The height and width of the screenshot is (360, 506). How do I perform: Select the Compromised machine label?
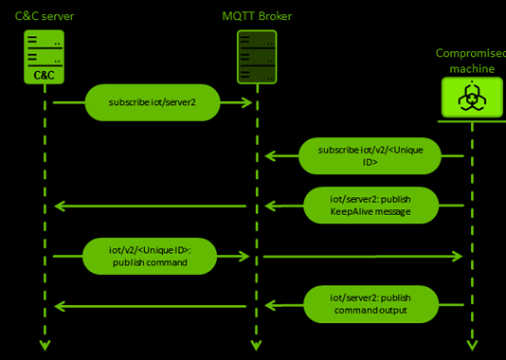(471, 62)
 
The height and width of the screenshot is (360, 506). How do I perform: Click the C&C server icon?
(44, 56)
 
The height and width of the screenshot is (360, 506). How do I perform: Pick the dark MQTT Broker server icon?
(256, 56)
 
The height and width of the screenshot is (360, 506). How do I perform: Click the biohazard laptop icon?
(472, 98)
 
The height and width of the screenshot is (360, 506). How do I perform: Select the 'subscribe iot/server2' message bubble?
(153, 102)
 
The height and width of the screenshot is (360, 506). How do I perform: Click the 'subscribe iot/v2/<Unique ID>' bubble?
(370, 156)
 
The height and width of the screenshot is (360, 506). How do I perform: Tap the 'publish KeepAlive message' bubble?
(370, 206)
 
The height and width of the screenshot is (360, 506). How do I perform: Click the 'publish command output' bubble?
(370, 305)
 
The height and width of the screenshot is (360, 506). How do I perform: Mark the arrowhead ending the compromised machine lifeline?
(472, 344)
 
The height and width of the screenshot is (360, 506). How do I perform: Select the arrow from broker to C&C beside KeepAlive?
(152, 206)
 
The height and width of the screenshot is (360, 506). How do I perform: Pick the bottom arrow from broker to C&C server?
(152, 305)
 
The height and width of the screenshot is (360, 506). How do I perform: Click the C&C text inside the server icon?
(44, 74)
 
